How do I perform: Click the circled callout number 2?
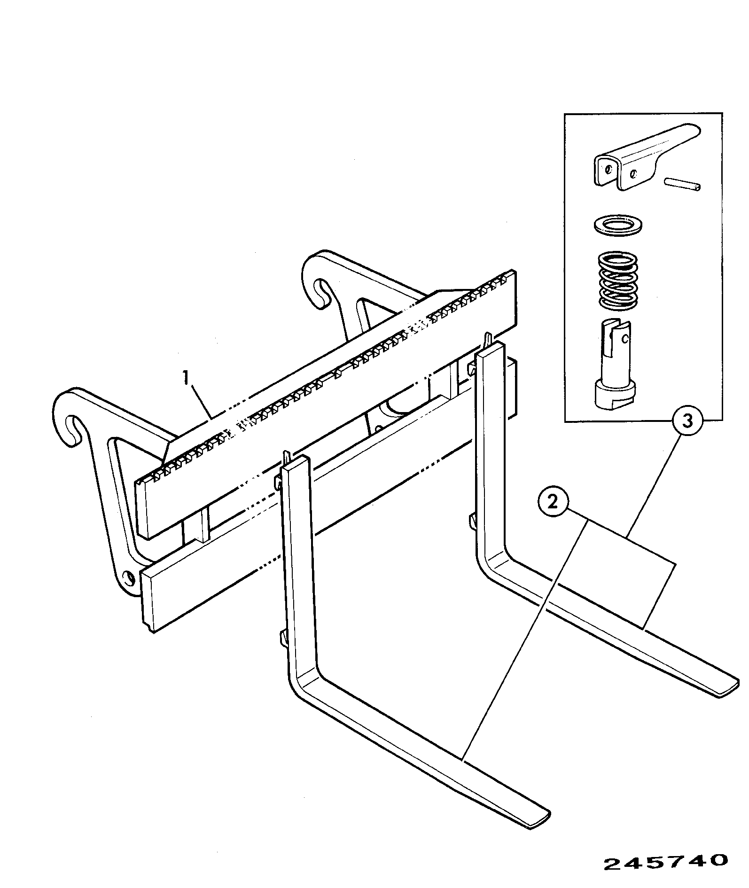[553, 502]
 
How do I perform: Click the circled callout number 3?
[687, 421]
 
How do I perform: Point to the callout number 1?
[187, 377]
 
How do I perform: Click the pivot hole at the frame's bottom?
[127, 577]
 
